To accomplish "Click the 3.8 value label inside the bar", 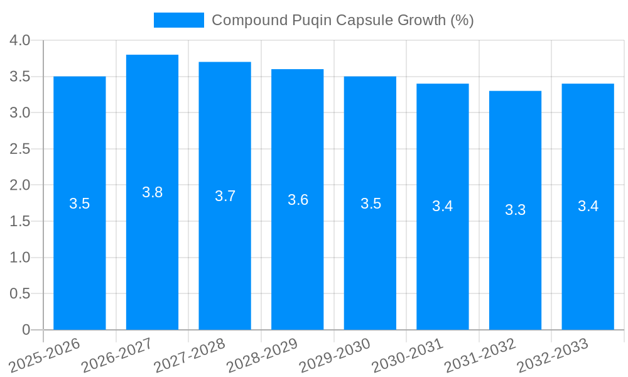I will (x=152, y=193).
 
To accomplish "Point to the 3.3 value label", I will (x=515, y=210).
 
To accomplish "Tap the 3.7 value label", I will (x=225, y=196).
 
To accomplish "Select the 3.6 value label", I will (x=298, y=200).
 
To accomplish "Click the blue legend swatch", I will (x=179, y=20).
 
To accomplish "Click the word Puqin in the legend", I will (x=312, y=20).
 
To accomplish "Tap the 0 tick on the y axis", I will (x=26, y=330).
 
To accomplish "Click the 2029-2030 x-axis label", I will (x=335, y=355).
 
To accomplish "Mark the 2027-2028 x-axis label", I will (x=190, y=355).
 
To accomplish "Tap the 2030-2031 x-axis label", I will (x=408, y=355).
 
